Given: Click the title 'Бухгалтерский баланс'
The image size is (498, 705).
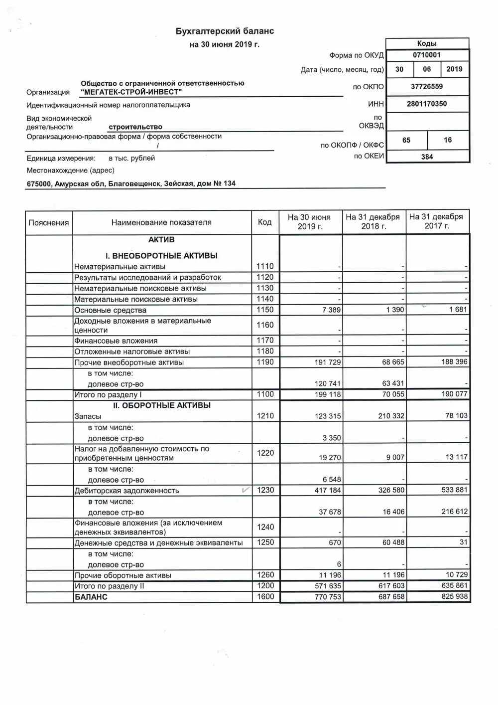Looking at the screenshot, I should (225, 31).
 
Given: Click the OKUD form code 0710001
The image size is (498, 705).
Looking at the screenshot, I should (427, 55).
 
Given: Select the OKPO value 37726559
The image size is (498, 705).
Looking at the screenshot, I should (427, 86).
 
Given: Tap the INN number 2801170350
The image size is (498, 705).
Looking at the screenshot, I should (427, 104).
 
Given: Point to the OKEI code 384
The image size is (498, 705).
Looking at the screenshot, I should (427, 157).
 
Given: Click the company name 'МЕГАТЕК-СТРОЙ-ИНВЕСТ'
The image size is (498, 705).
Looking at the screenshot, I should (131, 92).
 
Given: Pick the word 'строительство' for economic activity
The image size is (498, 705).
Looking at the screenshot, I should (135, 127).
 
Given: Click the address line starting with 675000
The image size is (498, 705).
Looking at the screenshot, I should (131, 183).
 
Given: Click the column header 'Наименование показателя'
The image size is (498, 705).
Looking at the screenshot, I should (161, 222).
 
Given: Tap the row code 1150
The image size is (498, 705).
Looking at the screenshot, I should (265, 310).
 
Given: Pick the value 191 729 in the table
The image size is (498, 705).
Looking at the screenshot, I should (328, 362).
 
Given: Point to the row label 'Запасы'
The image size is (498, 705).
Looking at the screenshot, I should (88, 416).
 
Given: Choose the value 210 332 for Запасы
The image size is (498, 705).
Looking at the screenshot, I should (391, 416).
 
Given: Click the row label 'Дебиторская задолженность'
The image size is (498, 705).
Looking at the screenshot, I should (126, 491).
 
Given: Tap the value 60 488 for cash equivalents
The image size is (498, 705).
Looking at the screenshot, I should (393, 542).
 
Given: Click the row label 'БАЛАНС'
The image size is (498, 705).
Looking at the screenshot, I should (91, 597).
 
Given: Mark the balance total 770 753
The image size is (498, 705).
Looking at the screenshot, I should (328, 597).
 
